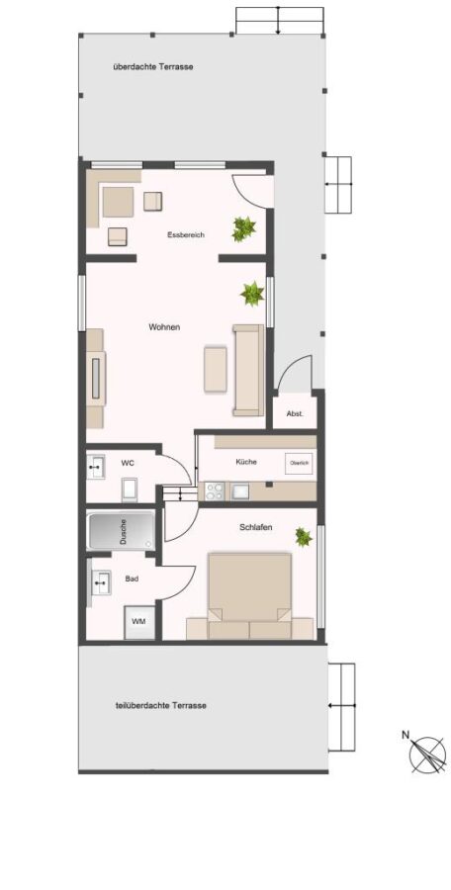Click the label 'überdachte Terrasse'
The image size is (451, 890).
pos(152,67)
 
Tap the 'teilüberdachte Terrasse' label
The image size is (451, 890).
pos(161,705)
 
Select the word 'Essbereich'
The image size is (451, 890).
pos(186,235)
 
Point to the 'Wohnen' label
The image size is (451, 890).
pos(164,327)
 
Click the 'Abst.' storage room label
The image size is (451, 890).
pos(294,413)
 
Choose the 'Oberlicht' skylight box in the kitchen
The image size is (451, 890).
pos(300,464)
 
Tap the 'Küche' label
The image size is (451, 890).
pos(246,462)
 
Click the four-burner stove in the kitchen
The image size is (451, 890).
pos(215,490)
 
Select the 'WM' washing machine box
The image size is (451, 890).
pos(139,622)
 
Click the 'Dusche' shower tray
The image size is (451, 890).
pos(121,532)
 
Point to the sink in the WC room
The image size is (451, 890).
pos(95,467)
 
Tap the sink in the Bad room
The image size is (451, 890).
pos(101,582)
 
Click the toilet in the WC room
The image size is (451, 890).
pos(130,489)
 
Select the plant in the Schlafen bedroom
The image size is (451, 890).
pos(303,536)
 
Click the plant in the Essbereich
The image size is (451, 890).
pos(243,228)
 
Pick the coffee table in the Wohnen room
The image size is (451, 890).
pos(216,369)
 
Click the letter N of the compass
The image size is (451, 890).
pos(406,734)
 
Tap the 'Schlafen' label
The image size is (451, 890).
pos(255,527)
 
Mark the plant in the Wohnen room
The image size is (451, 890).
pos(252,294)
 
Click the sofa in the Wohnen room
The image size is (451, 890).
pos(248,370)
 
